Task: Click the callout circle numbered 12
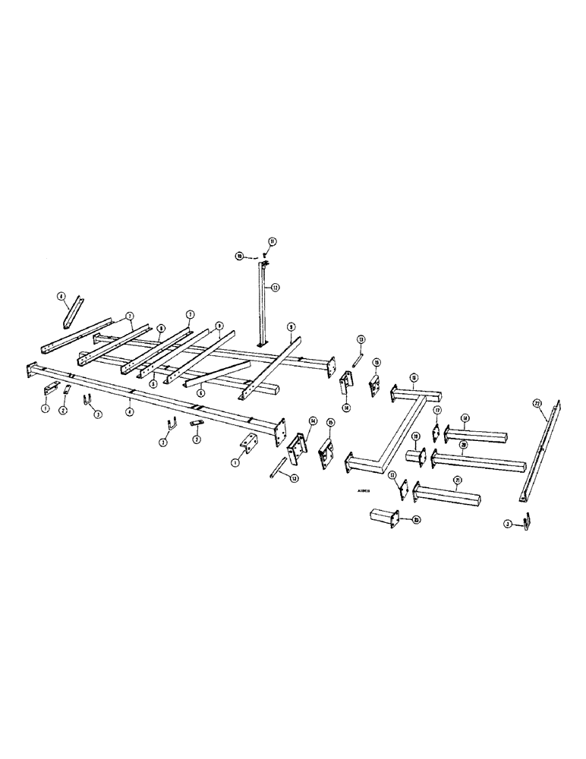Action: [276, 287]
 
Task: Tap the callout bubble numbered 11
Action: [272, 242]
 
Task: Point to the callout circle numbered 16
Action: [414, 377]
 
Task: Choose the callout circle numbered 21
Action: [457, 480]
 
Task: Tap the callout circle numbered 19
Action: [416, 437]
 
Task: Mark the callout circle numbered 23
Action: [417, 521]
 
